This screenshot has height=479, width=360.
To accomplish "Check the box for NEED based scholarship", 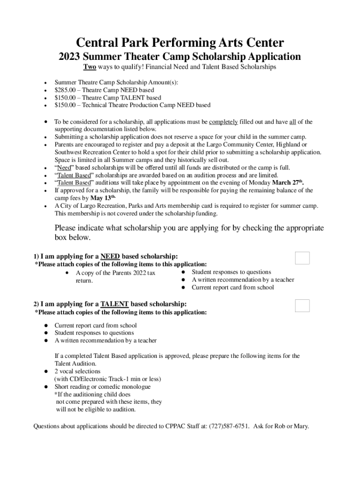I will (x=302, y=258).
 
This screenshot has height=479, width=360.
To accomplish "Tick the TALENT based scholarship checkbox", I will (x=302, y=305).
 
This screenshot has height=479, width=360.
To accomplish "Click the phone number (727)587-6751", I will (x=229, y=426).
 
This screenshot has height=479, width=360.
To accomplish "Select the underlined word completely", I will (x=223, y=122).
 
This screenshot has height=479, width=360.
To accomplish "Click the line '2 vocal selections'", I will (x=77, y=371).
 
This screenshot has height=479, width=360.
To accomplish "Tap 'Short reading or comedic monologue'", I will (x=102, y=387).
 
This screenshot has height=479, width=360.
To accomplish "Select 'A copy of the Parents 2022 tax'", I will (x=115, y=273).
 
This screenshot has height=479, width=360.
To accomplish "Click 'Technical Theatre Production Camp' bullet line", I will (x=132, y=105).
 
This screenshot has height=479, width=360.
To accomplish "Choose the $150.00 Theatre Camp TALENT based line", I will (x=108, y=98).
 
